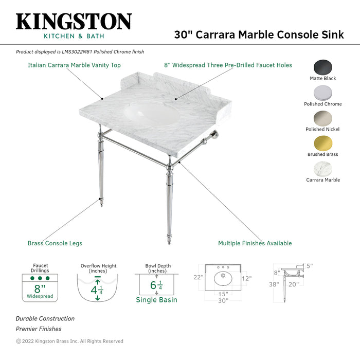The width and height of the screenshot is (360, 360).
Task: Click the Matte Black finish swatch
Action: [322, 67]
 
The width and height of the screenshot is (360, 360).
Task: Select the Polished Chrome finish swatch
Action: [322, 93]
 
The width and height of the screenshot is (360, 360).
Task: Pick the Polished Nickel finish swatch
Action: [322, 118]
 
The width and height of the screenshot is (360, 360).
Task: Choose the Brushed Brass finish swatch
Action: [322, 143]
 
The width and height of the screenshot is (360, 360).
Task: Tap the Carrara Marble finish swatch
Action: [322, 169]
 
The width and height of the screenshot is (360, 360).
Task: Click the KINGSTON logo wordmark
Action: [74, 22]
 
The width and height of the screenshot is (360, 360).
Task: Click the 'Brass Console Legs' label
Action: [55, 243]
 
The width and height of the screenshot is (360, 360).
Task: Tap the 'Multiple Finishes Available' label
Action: [255, 243]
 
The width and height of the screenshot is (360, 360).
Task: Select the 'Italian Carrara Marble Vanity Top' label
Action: [74, 65]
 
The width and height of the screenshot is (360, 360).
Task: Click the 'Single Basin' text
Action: [156, 299]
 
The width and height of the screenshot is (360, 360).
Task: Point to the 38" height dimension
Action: [273, 284]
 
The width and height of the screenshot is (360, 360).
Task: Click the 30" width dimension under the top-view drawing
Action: [223, 301]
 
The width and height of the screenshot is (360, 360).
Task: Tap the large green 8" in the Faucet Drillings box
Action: [40, 289]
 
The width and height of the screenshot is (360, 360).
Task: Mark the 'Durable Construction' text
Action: [45, 319]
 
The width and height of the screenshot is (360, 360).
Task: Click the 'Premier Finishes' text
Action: [38, 329]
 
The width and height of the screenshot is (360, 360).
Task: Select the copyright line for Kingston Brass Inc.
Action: [69, 341]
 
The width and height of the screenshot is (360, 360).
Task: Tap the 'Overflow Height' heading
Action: [98, 266]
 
